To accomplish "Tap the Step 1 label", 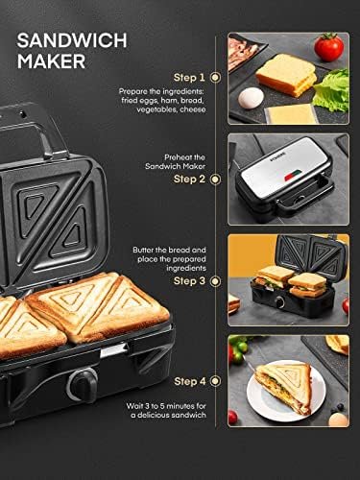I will point(188,76).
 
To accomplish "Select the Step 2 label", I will point(188,178).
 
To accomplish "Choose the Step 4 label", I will point(188,382).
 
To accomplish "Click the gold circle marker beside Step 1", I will point(215,76).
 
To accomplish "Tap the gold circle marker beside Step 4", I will point(215,382).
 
